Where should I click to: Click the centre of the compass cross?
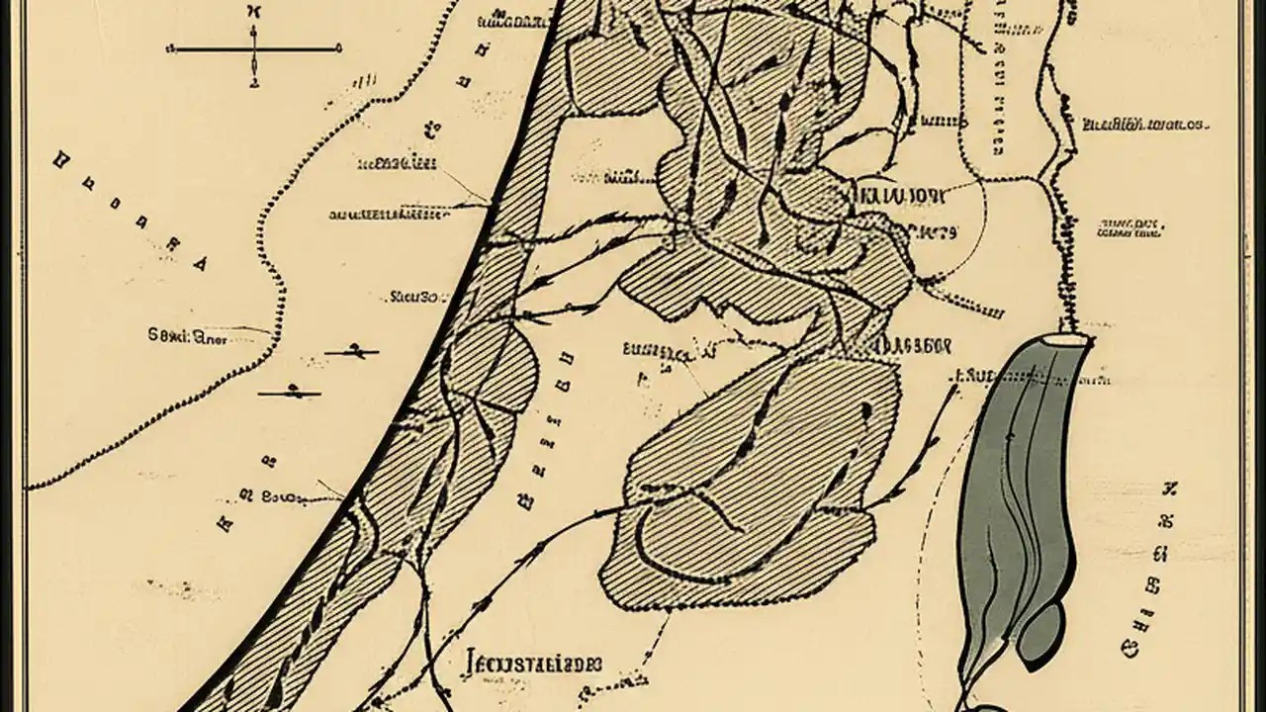tap(254, 47)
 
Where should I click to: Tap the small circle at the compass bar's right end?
tap(339, 47)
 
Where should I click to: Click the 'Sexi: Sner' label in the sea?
tap(187, 336)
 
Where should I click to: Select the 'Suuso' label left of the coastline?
tap(413, 295)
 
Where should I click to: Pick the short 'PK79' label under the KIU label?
tap(935, 233)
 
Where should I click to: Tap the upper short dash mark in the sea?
tap(352, 351)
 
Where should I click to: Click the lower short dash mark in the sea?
tap(290, 392)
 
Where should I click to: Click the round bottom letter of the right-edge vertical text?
tap(1129, 649)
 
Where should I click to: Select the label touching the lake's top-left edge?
tap(979, 376)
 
